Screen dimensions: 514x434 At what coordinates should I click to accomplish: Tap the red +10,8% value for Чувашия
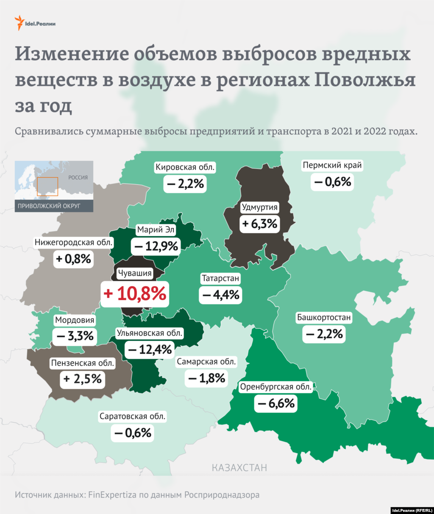tap(135, 293)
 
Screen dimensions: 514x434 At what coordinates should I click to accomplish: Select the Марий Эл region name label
tap(156, 230)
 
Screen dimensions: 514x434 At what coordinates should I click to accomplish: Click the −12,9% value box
tap(156, 246)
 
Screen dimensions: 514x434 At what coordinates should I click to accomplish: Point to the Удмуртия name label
tap(259, 207)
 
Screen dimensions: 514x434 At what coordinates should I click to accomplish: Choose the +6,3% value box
tap(259, 223)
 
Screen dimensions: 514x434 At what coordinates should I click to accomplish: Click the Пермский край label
tap(332, 166)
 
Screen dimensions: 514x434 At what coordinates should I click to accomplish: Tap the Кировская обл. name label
tap(185, 167)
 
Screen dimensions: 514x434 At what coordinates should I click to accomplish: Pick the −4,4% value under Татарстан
tap(220, 294)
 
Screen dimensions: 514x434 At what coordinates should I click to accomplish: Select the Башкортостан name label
tap(324, 317)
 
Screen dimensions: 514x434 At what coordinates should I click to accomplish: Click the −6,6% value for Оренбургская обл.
tap(275, 403)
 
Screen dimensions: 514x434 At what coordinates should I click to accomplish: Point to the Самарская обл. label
tap(206, 362)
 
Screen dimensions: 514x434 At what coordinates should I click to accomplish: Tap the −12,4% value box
tap(150, 350)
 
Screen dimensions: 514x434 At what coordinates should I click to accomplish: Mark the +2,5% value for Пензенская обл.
tap(83, 379)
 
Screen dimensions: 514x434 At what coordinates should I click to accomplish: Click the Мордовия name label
tap(75, 320)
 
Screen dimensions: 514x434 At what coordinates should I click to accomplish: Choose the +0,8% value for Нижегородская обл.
tap(73, 259)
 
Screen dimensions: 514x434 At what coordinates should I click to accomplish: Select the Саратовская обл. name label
tap(132, 417)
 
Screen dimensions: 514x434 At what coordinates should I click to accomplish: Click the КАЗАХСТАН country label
tap(239, 468)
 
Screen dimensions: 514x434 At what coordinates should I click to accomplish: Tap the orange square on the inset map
tap(47, 186)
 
